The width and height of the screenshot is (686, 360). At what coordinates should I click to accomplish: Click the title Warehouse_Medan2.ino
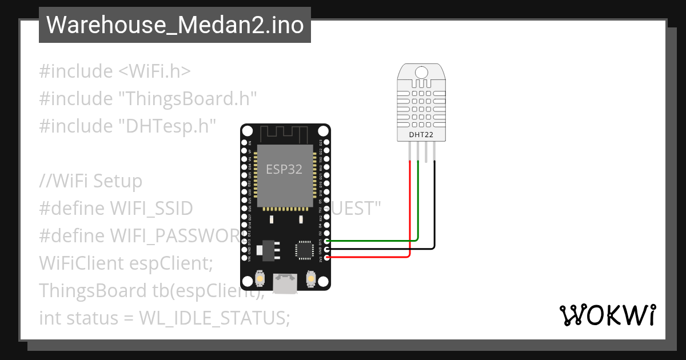pyautogui.click(x=174, y=25)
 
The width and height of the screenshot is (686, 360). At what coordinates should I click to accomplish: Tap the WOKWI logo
pyautogui.click(x=607, y=315)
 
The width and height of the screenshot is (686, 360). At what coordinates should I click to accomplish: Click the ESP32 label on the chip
pyautogui.click(x=284, y=169)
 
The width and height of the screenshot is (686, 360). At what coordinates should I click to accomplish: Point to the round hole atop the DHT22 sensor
pyautogui.click(x=421, y=72)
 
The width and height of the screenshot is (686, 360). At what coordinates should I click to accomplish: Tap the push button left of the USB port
pyautogui.click(x=260, y=278)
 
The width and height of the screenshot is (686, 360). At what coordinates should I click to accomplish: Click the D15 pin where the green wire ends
pyautogui.click(x=327, y=241)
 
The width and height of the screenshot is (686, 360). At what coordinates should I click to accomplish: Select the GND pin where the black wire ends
pyautogui.click(x=327, y=249)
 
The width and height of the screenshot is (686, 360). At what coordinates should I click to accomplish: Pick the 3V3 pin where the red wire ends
pyautogui.click(x=327, y=258)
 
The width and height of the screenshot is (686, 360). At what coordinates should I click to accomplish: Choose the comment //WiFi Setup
pyautogui.click(x=90, y=181)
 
